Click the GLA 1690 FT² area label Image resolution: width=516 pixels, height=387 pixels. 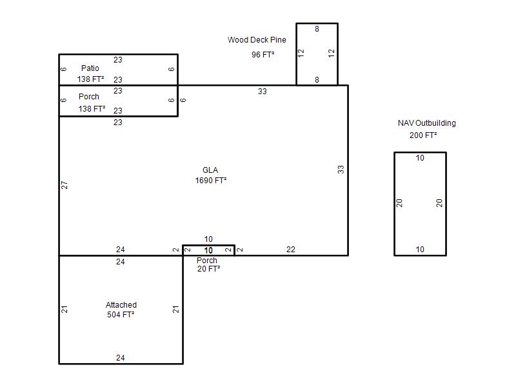click(211, 175)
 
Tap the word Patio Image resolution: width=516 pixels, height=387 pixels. click(90, 68)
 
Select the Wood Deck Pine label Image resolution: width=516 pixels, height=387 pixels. click(257, 40)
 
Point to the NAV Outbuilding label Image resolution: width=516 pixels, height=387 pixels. click(427, 123)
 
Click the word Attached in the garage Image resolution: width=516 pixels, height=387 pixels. click(121, 304)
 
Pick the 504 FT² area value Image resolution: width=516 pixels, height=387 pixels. click(121, 315)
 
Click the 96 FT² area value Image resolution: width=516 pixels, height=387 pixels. click(263, 55)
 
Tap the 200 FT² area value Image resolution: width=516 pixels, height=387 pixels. click(423, 135)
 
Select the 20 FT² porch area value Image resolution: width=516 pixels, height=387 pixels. click(208, 269)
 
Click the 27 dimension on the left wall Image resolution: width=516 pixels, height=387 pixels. click(64, 185)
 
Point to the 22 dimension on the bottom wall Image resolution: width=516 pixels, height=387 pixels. click(291, 250)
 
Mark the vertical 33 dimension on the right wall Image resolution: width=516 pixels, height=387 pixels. click(341, 170)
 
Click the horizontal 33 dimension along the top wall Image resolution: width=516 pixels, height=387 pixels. click(263, 92)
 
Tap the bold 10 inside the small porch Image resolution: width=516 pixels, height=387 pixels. click(208, 250)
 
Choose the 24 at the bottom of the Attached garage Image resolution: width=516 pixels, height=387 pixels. click(121, 358)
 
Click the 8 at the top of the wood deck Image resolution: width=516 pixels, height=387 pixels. click(317, 29)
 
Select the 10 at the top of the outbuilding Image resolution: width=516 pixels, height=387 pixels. click(420, 158)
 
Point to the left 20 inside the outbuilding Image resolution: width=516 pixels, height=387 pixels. click(399, 203)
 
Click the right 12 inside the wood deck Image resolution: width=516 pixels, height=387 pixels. click(332, 53)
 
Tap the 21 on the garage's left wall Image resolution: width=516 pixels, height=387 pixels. click(64, 309)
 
